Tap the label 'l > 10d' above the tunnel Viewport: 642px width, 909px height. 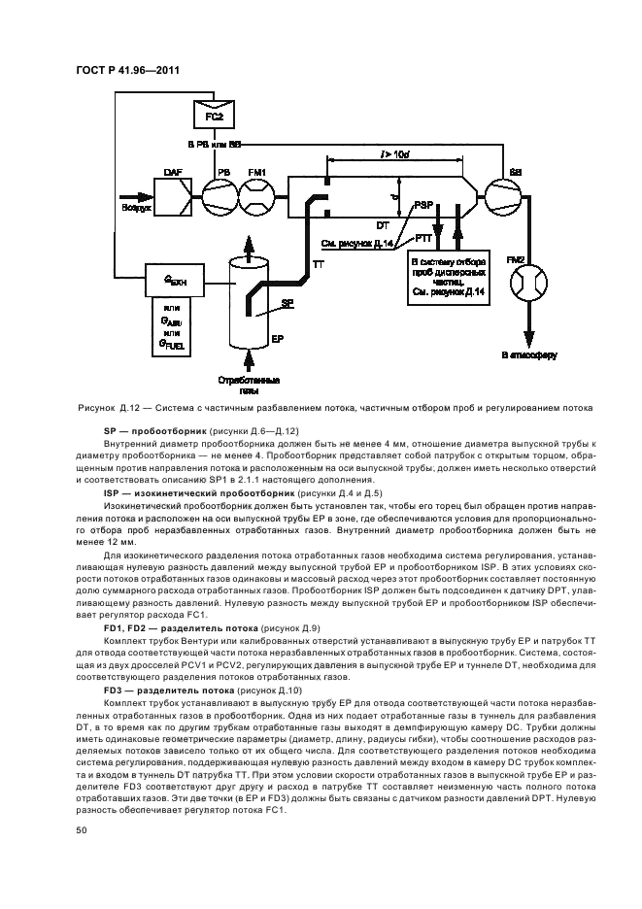[394, 154]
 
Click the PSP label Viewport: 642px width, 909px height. [422, 205]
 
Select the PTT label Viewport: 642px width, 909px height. [422, 238]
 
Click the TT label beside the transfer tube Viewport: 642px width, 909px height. [318, 264]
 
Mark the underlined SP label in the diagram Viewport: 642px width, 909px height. [287, 303]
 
